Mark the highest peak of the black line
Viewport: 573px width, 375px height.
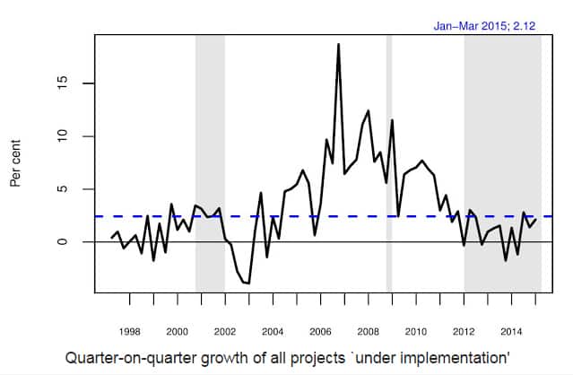(x=338, y=44)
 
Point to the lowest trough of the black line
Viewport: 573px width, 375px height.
(x=248, y=283)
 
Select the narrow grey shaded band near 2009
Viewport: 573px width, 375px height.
(x=389, y=161)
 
